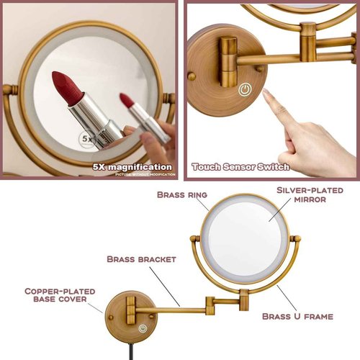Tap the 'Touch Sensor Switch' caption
tap(240, 167)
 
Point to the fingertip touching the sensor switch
tap(267, 95)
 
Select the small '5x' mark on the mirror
tap(88, 136)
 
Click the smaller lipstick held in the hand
tap(136, 114)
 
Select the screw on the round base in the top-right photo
tap(192, 76)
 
